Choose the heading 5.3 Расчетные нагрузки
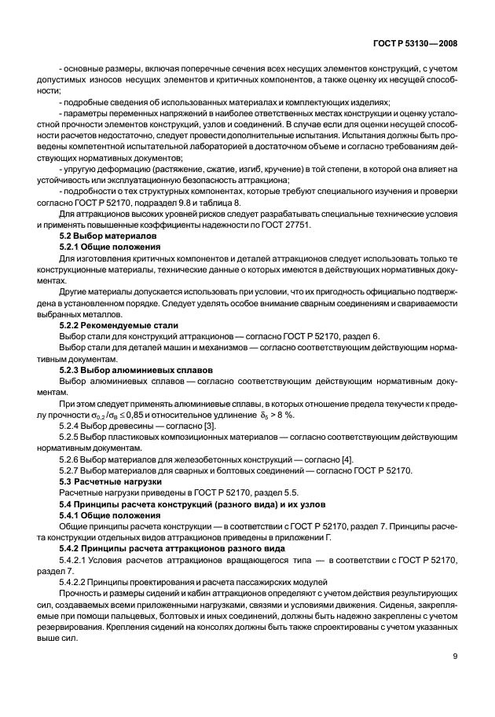pos(110,481)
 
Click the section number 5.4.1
pos(73,514)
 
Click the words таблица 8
pos(217,203)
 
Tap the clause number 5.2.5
pos(73,437)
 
